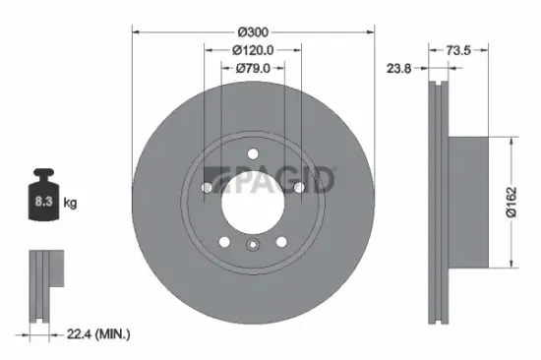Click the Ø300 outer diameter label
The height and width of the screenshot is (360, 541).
(x=253, y=30)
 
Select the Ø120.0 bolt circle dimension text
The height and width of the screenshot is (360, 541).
(x=253, y=49)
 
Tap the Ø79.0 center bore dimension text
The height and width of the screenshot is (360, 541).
(x=253, y=68)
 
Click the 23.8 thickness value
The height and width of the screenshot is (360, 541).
(x=399, y=69)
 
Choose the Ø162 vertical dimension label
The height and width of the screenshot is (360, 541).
(x=511, y=201)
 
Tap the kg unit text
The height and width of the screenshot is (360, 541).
(x=70, y=204)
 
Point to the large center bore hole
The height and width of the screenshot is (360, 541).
(x=253, y=202)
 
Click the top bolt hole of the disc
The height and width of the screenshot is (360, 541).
(x=253, y=152)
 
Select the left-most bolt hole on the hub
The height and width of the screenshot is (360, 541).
(x=208, y=186)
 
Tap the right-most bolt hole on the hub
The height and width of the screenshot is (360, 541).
(x=298, y=186)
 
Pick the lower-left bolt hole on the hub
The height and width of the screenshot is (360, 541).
(x=224, y=241)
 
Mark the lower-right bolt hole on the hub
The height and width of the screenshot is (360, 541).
(x=281, y=241)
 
